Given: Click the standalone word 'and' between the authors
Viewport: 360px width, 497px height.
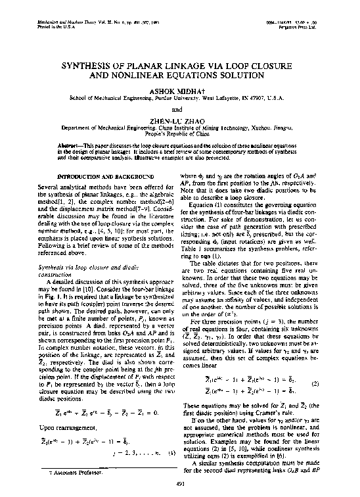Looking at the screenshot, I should click(x=179, y=108).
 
